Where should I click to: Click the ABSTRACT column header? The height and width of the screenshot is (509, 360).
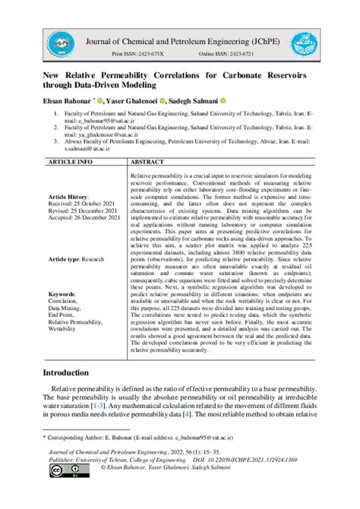click(148, 162)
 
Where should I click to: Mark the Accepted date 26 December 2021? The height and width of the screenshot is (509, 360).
click(84, 217)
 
